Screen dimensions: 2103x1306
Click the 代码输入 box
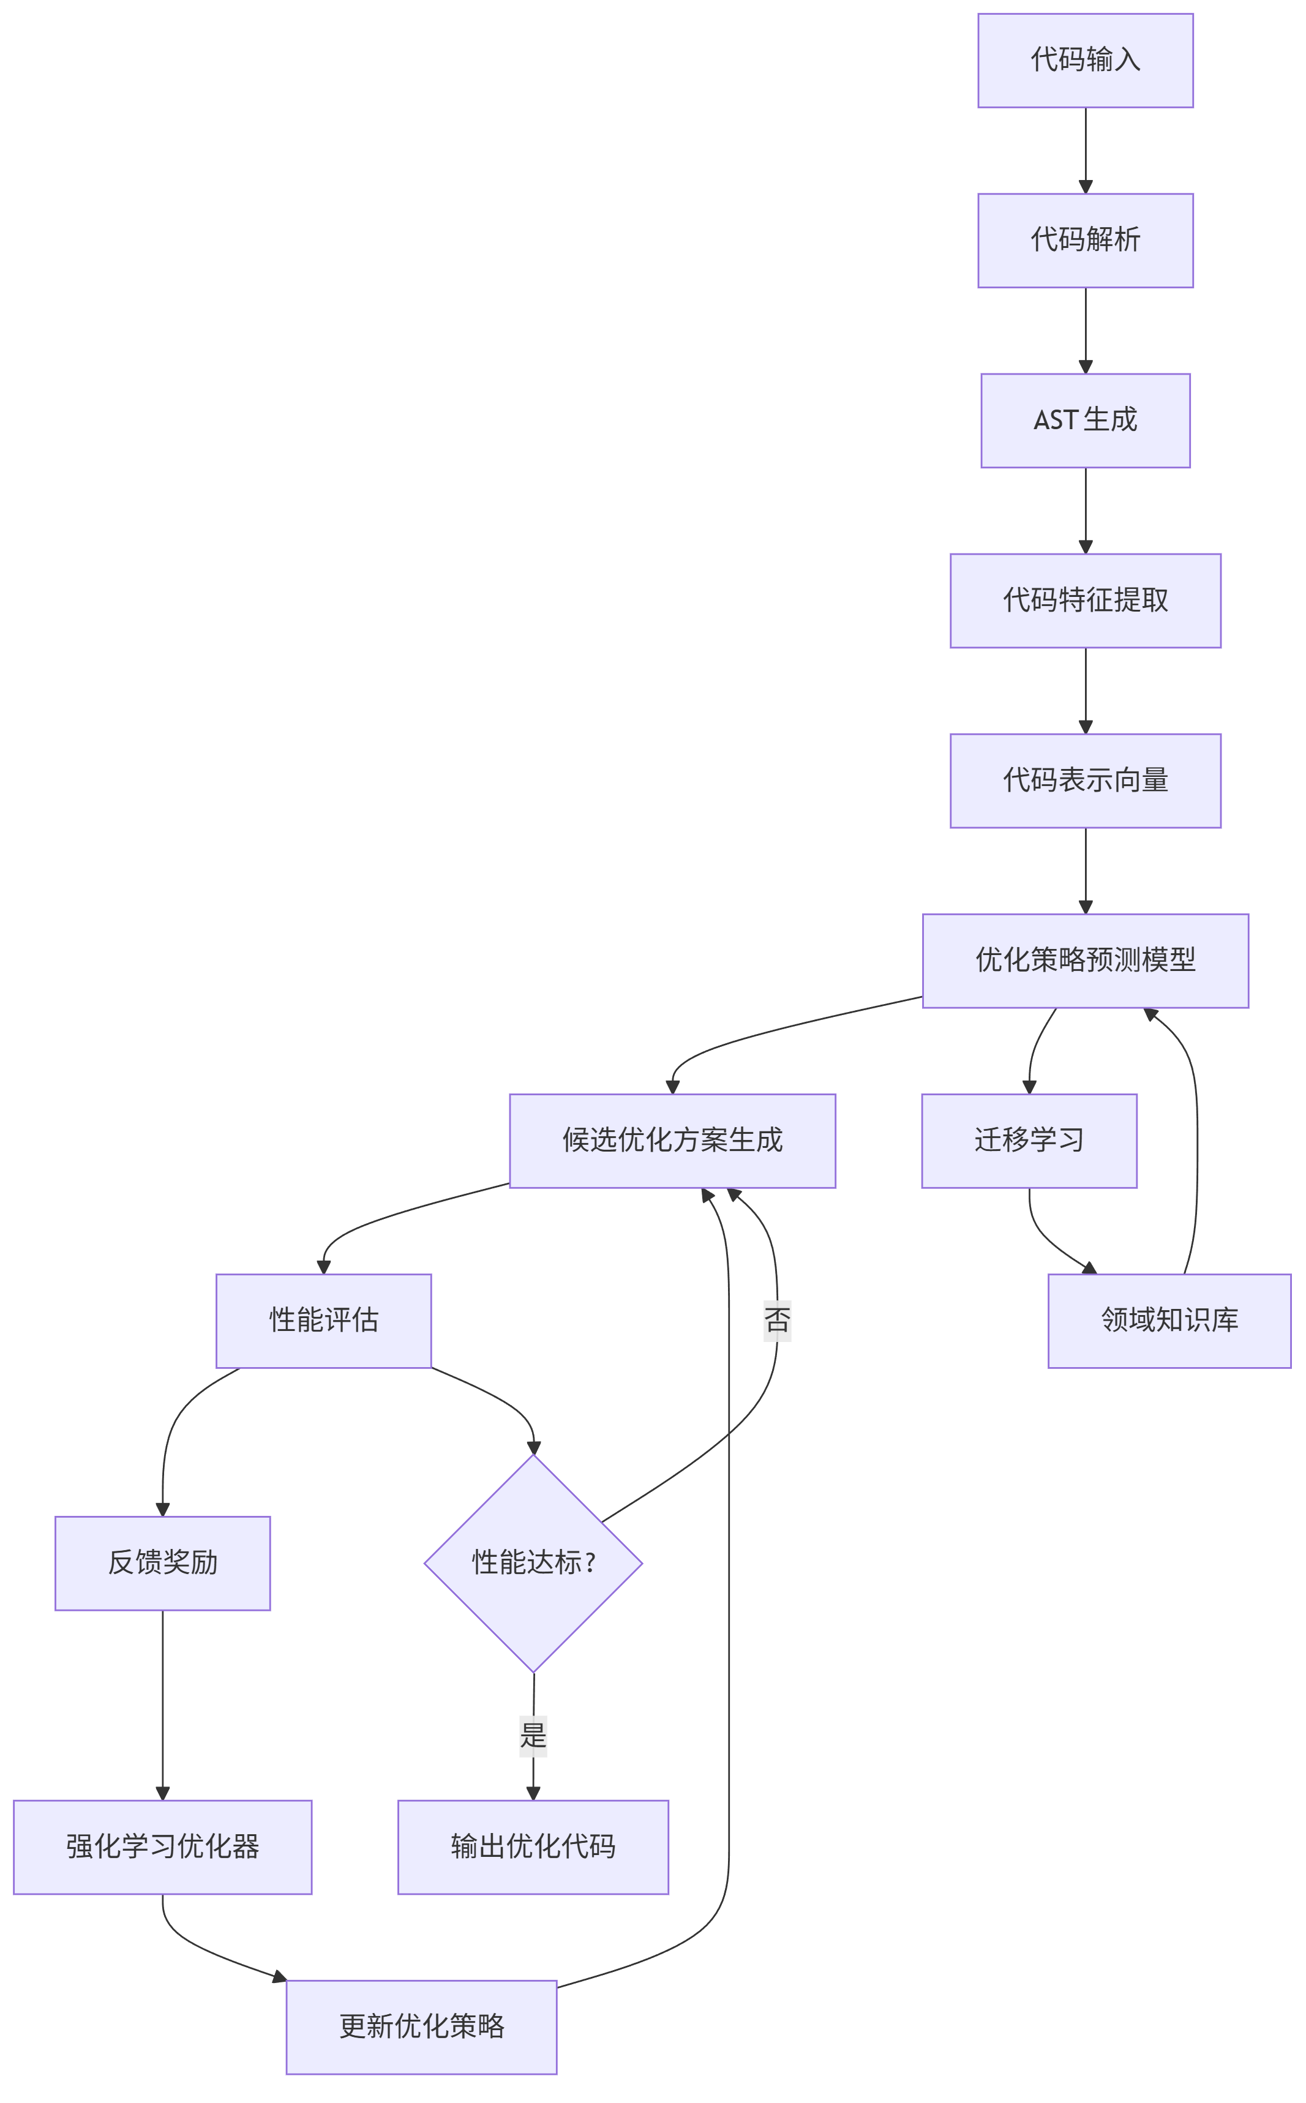pyautogui.click(x=1085, y=61)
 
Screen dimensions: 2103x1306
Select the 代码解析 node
pyautogui.click(x=1085, y=240)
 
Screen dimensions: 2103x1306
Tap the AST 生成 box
pyautogui.click(x=1085, y=421)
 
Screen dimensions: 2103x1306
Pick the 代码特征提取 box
pyautogui.click(x=1085, y=600)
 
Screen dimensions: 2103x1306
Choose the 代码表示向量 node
pyautogui.click(x=1085, y=781)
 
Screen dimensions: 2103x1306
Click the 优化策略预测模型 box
pyautogui.click(x=1085, y=961)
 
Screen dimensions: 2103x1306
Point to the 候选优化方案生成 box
pyautogui.click(x=672, y=1141)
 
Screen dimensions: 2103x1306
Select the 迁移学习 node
pyautogui.click(x=1029, y=1141)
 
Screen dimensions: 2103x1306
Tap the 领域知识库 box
pyautogui.click(x=1169, y=1321)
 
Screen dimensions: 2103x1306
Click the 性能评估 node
pyautogui.click(x=323, y=1321)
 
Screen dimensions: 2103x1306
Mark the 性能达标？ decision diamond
pyautogui.click(x=533, y=1563)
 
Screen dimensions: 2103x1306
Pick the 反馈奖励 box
pyautogui.click(x=162, y=1563)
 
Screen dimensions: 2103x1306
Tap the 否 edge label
pyautogui.click(x=776, y=1321)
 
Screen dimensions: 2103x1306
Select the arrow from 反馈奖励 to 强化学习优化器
pyautogui.click(x=162, y=1706)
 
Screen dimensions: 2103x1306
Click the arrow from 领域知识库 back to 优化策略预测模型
pyautogui.click(x=1196, y=1140)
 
